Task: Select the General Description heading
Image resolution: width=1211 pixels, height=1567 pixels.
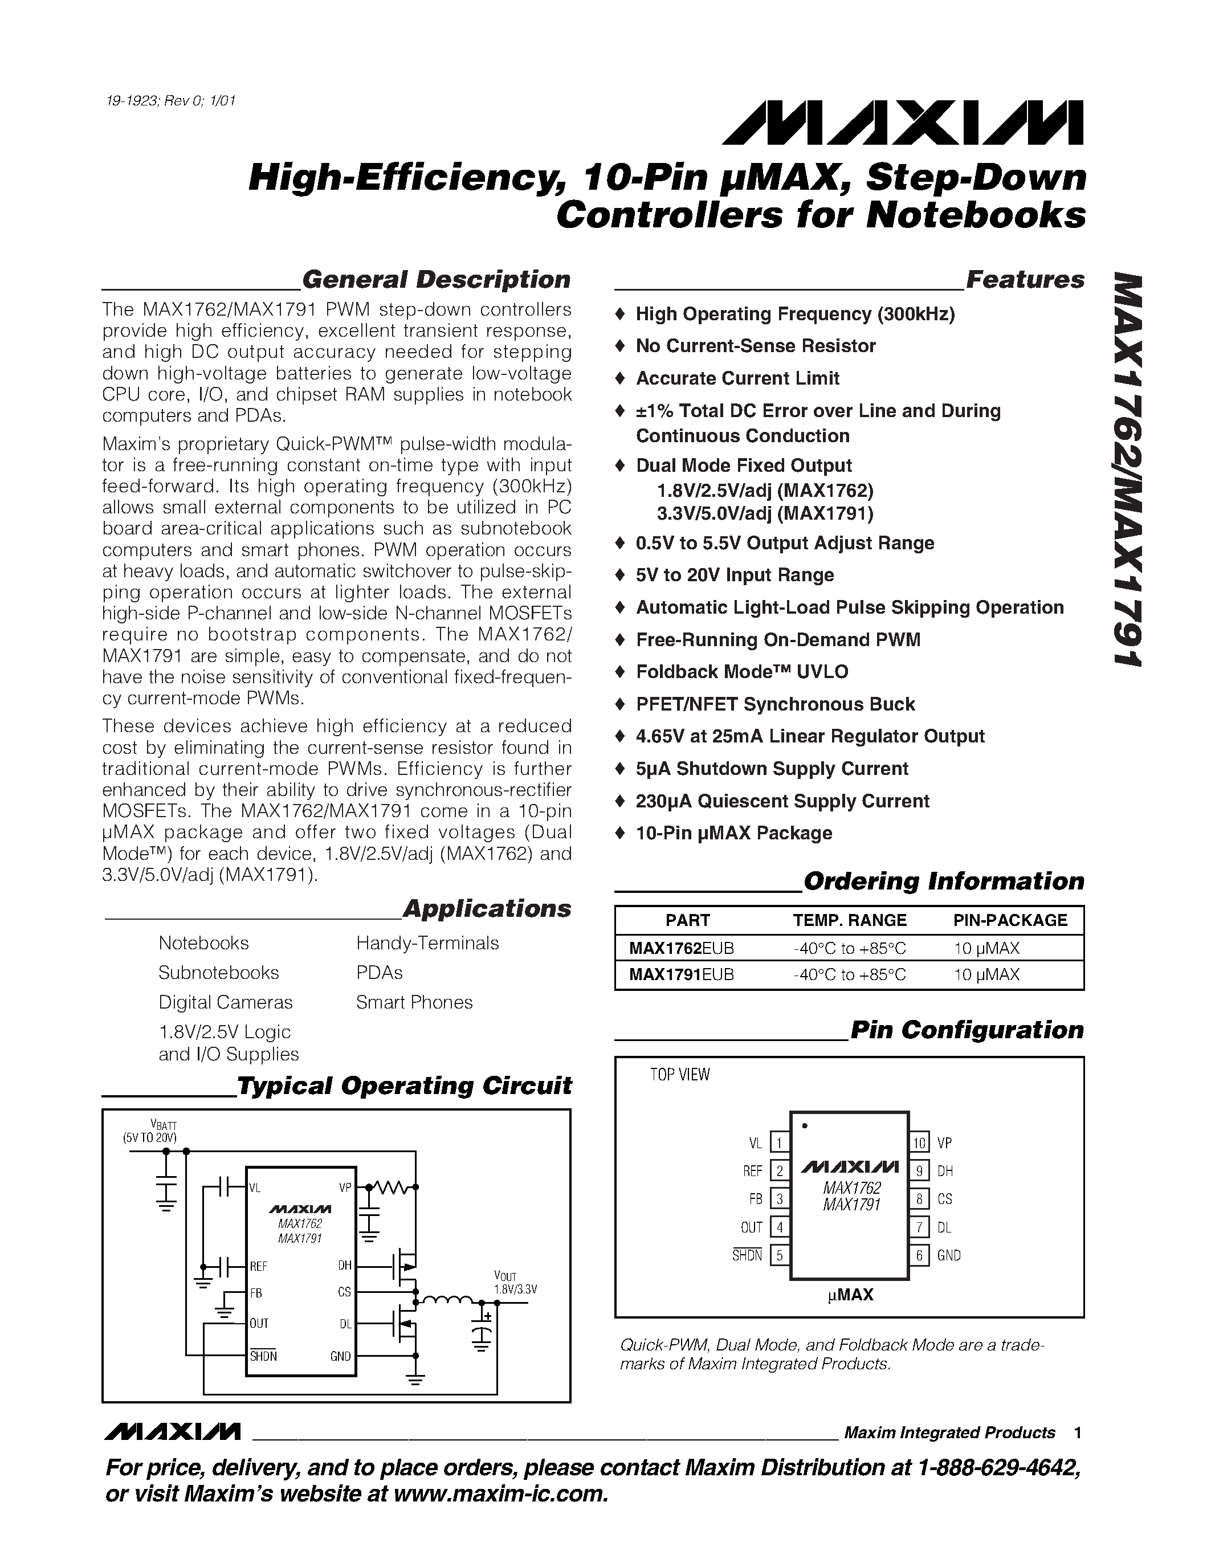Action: tap(435, 279)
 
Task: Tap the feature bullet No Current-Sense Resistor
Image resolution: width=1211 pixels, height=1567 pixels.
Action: tap(756, 346)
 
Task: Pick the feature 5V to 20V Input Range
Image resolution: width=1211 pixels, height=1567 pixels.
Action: tap(735, 576)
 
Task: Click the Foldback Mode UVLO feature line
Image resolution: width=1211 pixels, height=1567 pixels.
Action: tap(742, 672)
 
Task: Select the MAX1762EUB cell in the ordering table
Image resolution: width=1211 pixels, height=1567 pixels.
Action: tap(681, 949)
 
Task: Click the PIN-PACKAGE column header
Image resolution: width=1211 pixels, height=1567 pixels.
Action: tap(1009, 920)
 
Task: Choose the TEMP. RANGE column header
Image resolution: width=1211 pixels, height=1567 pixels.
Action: tap(850, 920)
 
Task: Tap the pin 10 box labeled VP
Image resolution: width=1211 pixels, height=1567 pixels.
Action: tap(920, 1142)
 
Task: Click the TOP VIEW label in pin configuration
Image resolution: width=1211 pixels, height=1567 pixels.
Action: tap(679, 1075)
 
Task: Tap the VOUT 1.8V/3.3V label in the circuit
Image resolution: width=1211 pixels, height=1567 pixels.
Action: tap(515, 1282)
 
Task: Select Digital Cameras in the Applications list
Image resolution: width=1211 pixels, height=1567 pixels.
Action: tap(225, 1002)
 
